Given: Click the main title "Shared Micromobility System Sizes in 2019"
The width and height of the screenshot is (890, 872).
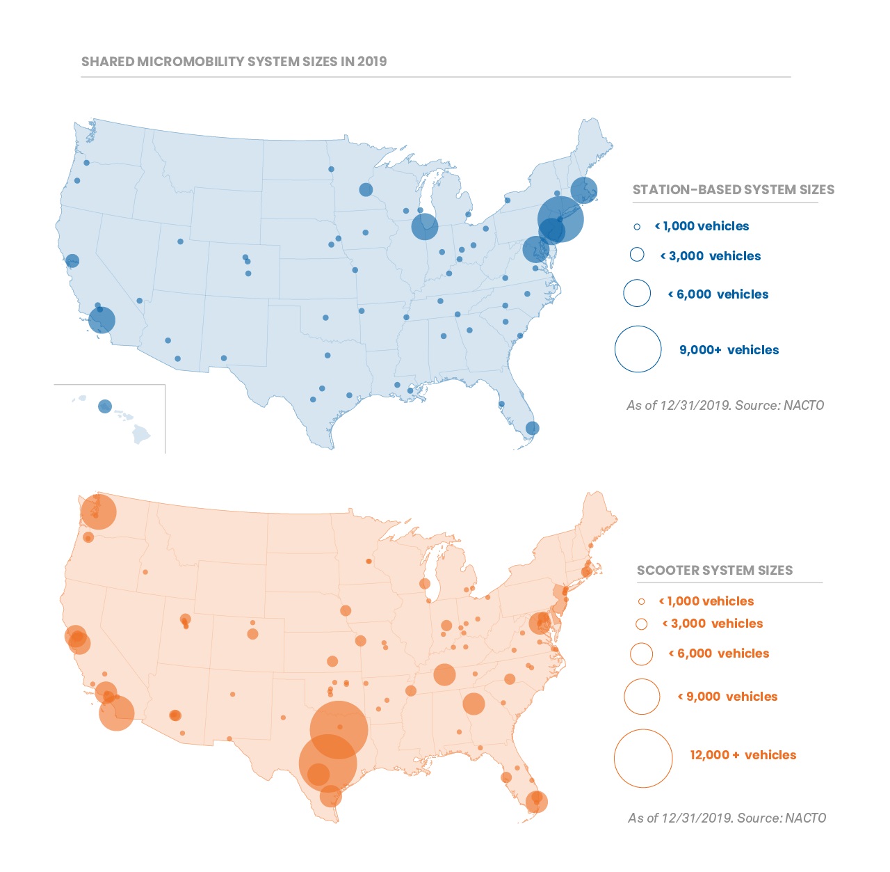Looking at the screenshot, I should pos(234,61).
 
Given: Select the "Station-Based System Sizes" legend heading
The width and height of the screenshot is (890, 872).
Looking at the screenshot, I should pos(733,189).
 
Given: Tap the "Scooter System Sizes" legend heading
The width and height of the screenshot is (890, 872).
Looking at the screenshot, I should pos(715,571).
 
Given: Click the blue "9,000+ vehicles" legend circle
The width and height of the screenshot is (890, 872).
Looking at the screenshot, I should pos(638,349).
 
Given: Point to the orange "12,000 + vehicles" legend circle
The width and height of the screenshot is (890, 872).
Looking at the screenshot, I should pos(643,759).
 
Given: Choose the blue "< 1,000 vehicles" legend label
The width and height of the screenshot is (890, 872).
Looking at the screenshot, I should pos(702,226).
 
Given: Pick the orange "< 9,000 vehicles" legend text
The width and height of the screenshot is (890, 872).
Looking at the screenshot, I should pos(727,697).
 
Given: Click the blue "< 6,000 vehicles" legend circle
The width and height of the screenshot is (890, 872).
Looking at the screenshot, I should pos(637,293).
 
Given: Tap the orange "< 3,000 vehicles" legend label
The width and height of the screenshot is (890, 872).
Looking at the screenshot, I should pos(713,624).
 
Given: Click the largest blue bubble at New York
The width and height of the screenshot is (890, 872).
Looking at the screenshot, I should pos(560,219).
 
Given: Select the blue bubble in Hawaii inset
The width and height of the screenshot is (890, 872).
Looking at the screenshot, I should pos(105,406).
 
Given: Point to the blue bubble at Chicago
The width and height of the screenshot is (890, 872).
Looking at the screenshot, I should pos(424,226).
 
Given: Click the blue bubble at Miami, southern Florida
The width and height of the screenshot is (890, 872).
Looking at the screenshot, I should pos(532,429).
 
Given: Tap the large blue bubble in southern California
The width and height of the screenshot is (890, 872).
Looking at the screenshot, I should pos(102,321).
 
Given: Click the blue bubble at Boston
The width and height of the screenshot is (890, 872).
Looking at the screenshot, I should pos(583,189).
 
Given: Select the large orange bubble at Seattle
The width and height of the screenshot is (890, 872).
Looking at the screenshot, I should pos(99,512).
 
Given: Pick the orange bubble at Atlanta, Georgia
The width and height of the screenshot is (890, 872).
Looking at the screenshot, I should pos(474,704).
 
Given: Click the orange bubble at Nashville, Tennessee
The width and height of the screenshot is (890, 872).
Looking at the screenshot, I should pos(444,674).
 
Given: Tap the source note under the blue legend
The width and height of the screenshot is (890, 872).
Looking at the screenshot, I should pos(725,405).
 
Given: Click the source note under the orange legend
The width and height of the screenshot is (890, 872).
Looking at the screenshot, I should pos(727,818).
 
